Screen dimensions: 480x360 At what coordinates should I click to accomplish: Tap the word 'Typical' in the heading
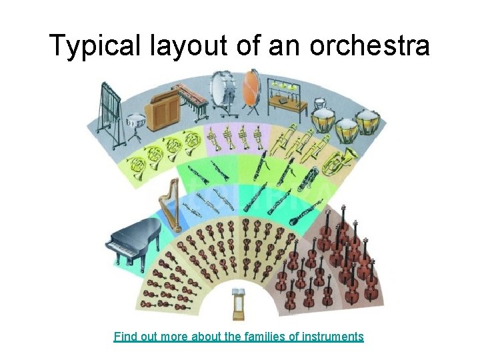(93, 46)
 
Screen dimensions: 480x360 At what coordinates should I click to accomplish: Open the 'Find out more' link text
(151, 336)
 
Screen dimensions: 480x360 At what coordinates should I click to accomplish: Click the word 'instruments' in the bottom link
(332, 336)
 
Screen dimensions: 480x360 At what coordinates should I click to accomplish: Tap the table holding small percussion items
(287, 103)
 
